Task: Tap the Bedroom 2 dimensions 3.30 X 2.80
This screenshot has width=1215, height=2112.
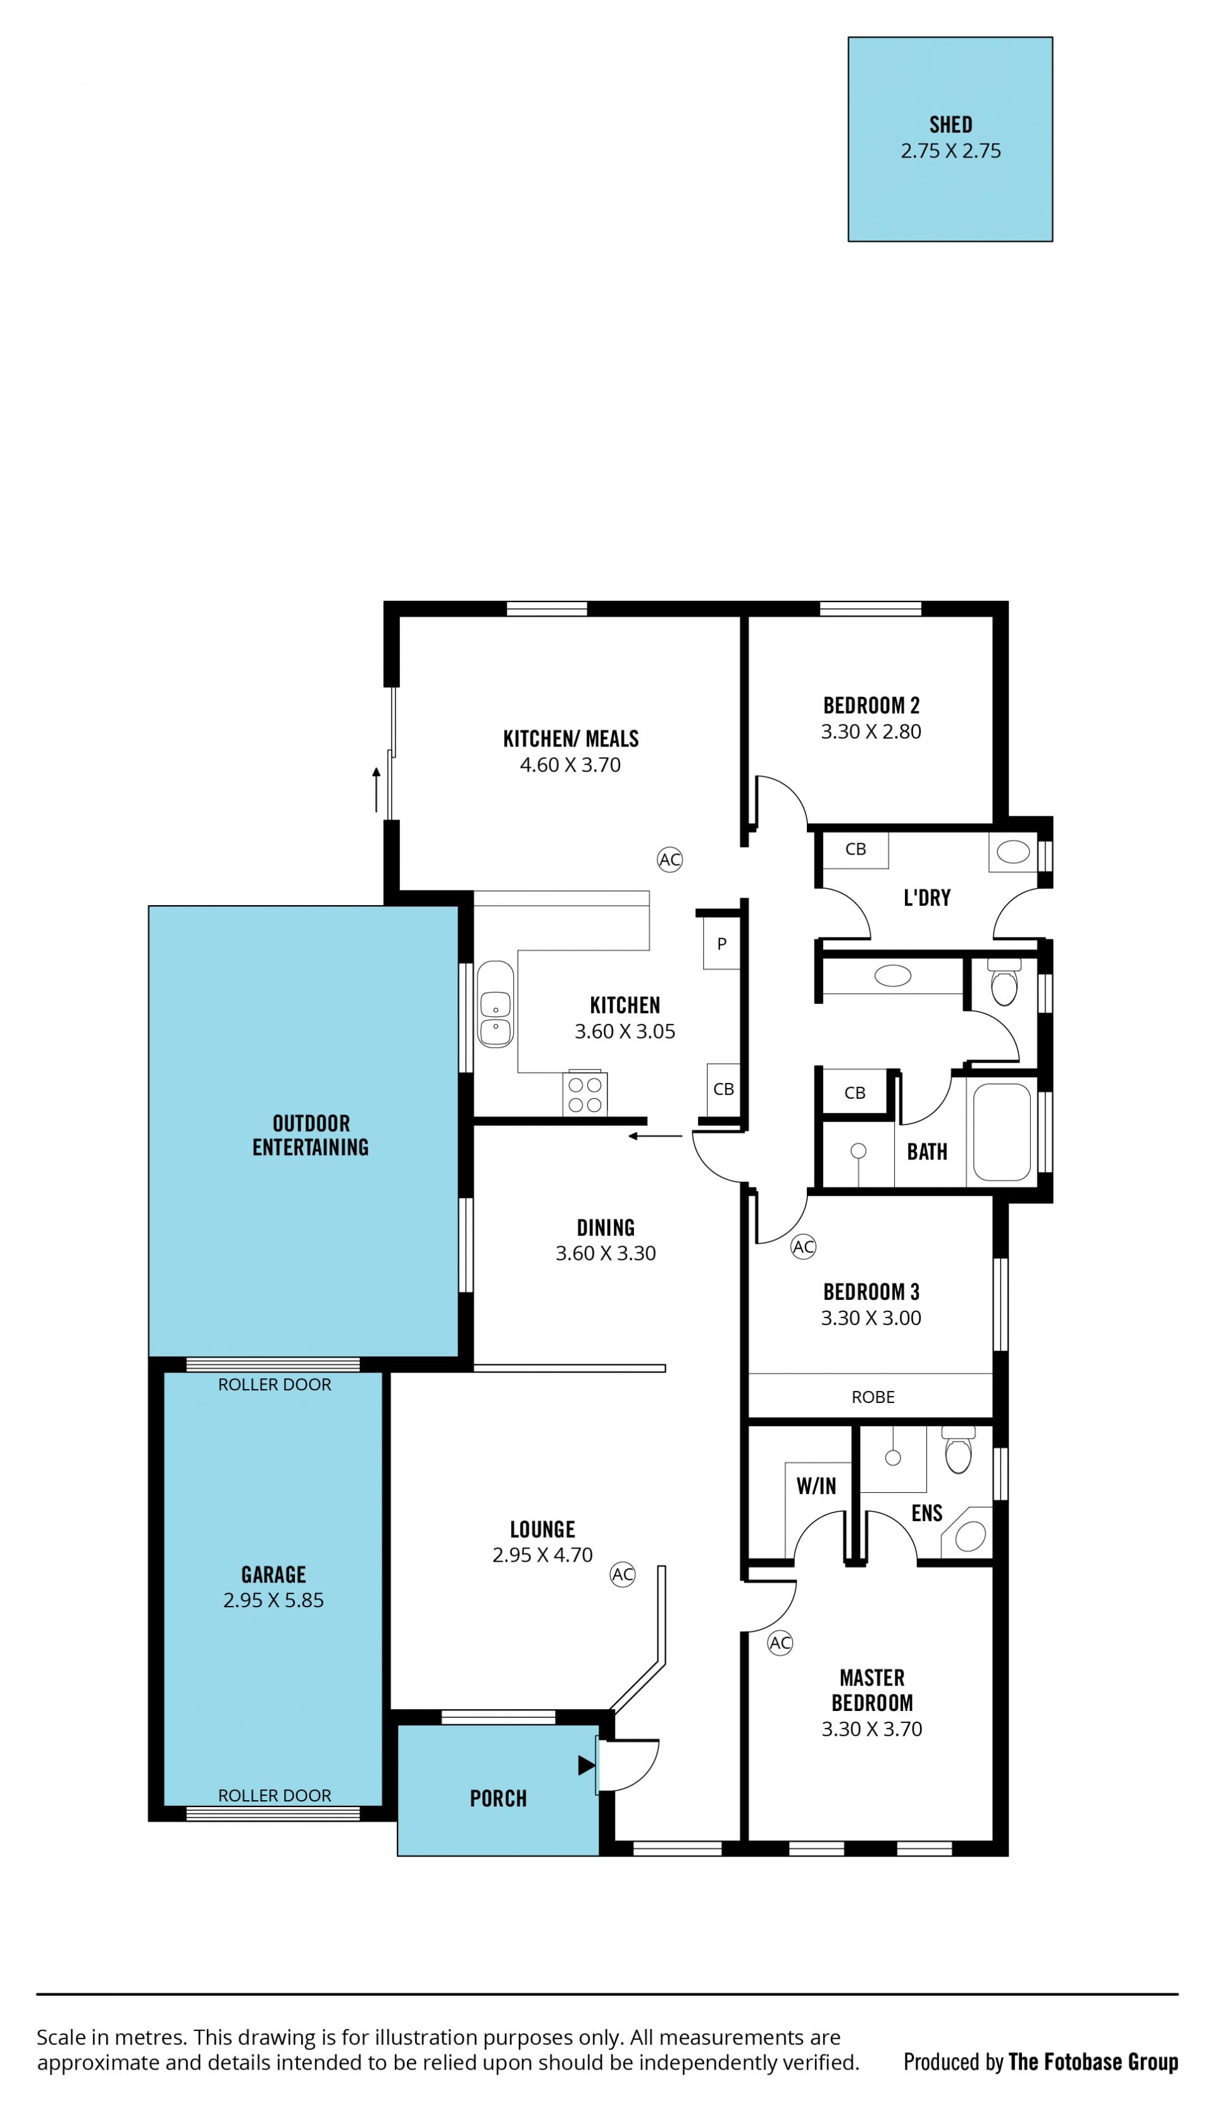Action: click(871, 732)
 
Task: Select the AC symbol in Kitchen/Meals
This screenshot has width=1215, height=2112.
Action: click(670, 859)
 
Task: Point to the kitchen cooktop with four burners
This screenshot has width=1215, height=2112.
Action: click(585, 1094)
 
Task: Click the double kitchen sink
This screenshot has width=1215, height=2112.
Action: click(495, 1004)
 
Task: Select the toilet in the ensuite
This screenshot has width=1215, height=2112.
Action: click(959, 1450)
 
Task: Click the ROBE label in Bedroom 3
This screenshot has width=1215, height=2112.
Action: click(873, 1397)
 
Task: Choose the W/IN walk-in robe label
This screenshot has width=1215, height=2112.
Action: click(816, 1486)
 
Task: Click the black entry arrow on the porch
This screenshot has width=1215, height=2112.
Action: click(587, 1765)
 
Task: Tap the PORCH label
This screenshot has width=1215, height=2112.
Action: click(498, 1799)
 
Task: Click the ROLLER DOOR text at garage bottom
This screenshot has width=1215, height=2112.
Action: click(275, 1796)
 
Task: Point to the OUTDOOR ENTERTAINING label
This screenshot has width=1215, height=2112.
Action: click(311, 1135)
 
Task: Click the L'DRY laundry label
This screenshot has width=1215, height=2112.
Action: click(927, 898)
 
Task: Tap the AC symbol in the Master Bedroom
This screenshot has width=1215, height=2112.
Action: click(780, 1643)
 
